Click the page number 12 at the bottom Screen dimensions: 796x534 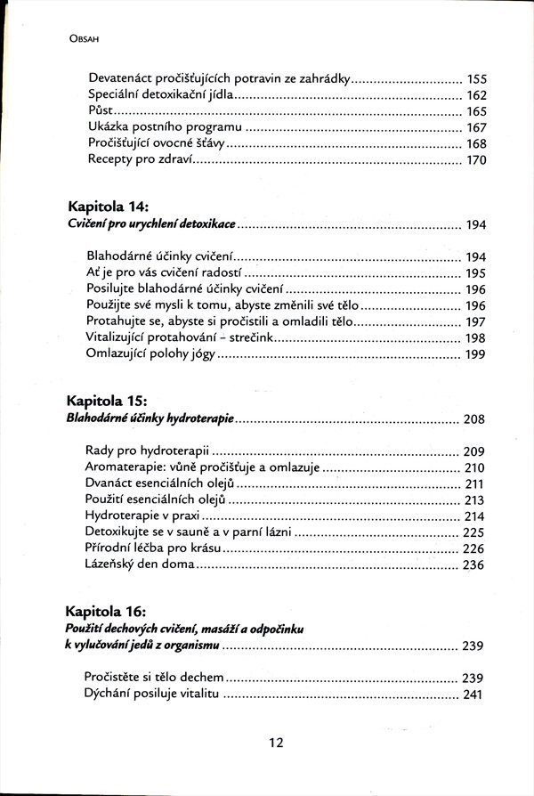tap(276, 743)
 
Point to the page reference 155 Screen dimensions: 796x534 tap(476, 79)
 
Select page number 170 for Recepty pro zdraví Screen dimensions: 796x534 tap(476, 160)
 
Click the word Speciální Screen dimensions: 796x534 tap(117, 95)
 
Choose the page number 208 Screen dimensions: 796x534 tap(476, 418)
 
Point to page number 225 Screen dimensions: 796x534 tap(476, 532)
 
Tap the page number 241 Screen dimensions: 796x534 tap(476, 694)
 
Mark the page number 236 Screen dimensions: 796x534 tap(476, 565)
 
